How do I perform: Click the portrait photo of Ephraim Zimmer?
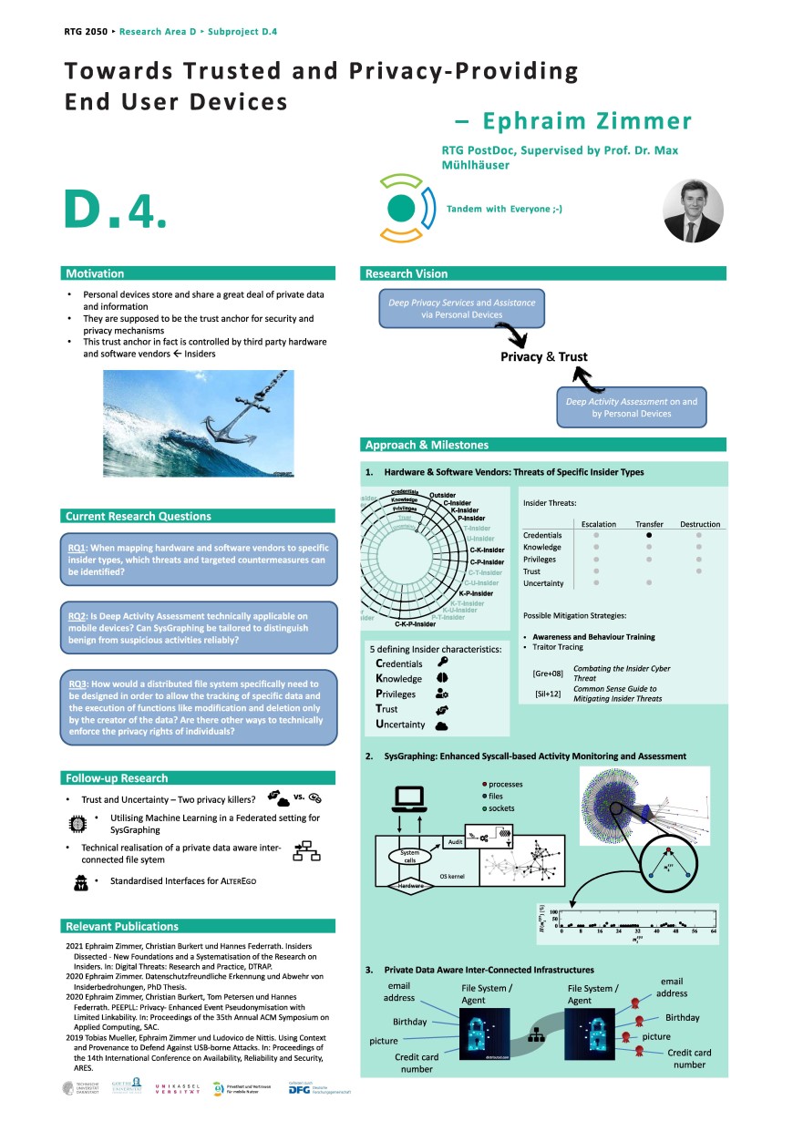pyautogui.click(x=693, y=211)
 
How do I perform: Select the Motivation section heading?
pyautogui.click(x=95, y=273)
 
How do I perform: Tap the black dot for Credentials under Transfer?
pyautogui.click(x=649, y=535)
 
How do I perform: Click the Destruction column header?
pyautogui.click(x=700, y=524)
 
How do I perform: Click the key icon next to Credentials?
pyautogui.click(x=442, y=663)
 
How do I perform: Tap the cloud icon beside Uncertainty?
pyautogui.click(x=441, y=725)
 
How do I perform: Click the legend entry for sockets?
pyautogui.click(x=501, y=808)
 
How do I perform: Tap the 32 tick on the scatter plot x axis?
pyautogui.click(x=639, y=932)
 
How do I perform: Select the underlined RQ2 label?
pyautogui.click(x=77, y=616)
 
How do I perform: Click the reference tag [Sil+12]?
pyautogui.click(x=547, y=694)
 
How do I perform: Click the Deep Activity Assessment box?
pyautogui.click(x=631, y=407)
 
